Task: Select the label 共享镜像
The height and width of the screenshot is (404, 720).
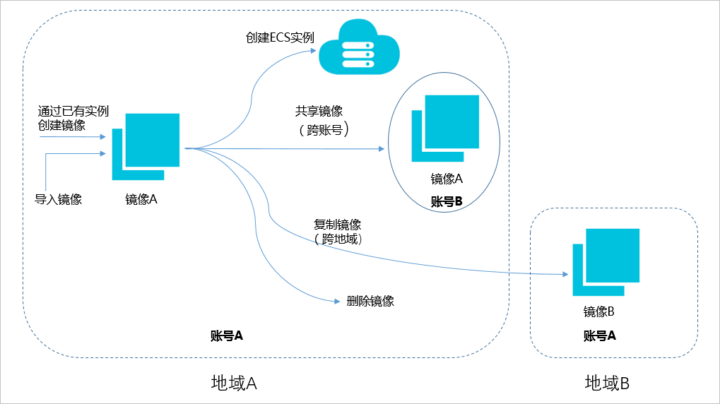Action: tap(319, 112)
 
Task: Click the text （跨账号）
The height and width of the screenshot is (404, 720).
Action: tap(324, 130)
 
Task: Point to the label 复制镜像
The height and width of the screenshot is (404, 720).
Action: tap(338, 225)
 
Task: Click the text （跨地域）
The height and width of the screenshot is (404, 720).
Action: tap(338, 239)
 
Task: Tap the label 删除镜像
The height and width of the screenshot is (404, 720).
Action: tap(370, 301)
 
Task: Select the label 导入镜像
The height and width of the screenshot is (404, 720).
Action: tap(59, 199)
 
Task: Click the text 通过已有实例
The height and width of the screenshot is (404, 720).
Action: tap(73, 112)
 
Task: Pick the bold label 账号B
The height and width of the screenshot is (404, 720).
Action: tap(446, 201)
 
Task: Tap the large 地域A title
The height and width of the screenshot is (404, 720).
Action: tap(234, 383)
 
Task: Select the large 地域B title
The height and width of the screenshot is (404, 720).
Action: tap(607, 384)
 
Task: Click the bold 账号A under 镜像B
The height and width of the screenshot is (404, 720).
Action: tap(599, 336)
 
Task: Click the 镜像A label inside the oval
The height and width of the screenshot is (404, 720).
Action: tap(446, 179)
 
